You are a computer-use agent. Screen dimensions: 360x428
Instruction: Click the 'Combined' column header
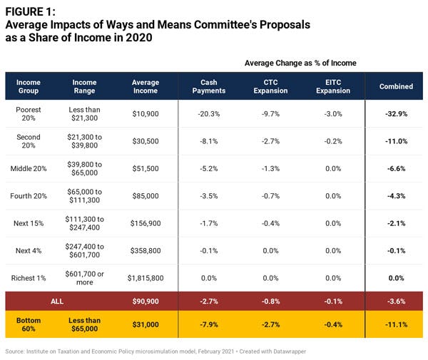tap(396, 86)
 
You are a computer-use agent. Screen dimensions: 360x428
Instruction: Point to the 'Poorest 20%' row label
tap(29, 114)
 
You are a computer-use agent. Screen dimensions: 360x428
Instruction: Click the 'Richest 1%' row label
tap(29, 277)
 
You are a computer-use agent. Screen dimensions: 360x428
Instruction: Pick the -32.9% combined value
tap(396, 114)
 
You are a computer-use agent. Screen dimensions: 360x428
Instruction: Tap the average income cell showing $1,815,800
tap(146, 277)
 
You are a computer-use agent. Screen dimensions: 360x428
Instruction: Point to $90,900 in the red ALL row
tap(146, 302)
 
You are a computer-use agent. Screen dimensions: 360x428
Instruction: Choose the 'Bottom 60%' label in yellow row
tap(29, 325)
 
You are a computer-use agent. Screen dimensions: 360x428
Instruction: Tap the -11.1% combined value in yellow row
tap(396, 325)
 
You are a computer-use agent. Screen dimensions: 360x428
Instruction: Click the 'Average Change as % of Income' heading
tap(300, 63)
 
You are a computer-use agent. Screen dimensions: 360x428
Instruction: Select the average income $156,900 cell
tap(146, 223)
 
